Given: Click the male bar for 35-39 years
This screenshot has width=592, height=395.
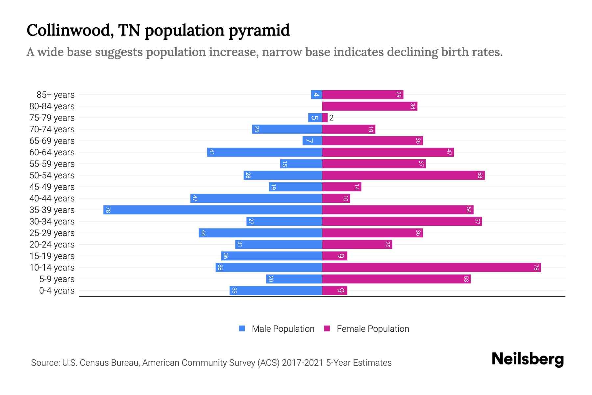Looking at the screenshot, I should click(212, 210).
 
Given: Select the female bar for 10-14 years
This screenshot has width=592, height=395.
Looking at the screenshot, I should click(431, 267).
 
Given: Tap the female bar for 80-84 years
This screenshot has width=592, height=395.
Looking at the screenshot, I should click(369, 106).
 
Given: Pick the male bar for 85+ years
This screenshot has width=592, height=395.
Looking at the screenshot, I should click(316, 95).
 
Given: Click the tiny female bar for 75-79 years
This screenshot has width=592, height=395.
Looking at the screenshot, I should click(325, 118).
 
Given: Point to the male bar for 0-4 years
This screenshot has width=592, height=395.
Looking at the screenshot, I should click(276, 290).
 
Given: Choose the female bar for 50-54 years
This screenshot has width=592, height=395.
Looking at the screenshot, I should click(403, 175).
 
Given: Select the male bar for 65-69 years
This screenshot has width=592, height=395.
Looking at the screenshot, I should click(312, 141).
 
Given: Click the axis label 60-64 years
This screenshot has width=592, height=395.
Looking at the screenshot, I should click(52, 152).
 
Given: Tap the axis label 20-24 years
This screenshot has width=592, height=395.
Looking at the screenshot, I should click(52, 245).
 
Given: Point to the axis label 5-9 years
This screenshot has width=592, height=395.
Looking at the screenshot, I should click(57, 279).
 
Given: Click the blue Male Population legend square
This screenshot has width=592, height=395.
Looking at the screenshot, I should click(242, 329).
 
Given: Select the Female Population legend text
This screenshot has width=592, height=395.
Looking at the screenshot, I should click(373, 329).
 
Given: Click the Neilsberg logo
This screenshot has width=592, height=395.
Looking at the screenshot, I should click(527, 359).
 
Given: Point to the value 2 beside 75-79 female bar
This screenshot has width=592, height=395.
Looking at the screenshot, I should click(331, 118).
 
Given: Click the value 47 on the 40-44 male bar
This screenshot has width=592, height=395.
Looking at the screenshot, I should click(195, 198).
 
